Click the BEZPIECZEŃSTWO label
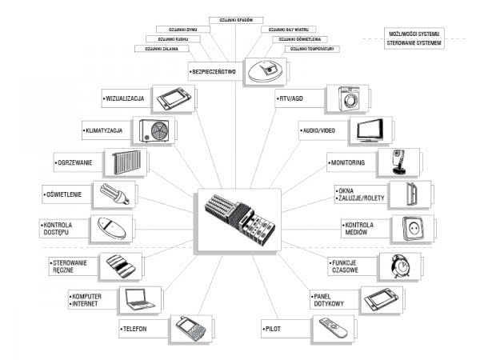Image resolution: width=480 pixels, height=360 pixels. coord(215,71)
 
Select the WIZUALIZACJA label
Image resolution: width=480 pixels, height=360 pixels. coord(126,100)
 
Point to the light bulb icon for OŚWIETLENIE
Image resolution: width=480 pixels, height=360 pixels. coord(113,193)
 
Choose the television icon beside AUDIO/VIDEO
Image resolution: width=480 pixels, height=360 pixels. coord(372,130)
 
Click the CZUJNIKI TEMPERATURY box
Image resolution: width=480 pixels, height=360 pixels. coord(314,49)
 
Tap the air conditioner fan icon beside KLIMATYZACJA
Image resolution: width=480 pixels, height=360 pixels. coord(158,130)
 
